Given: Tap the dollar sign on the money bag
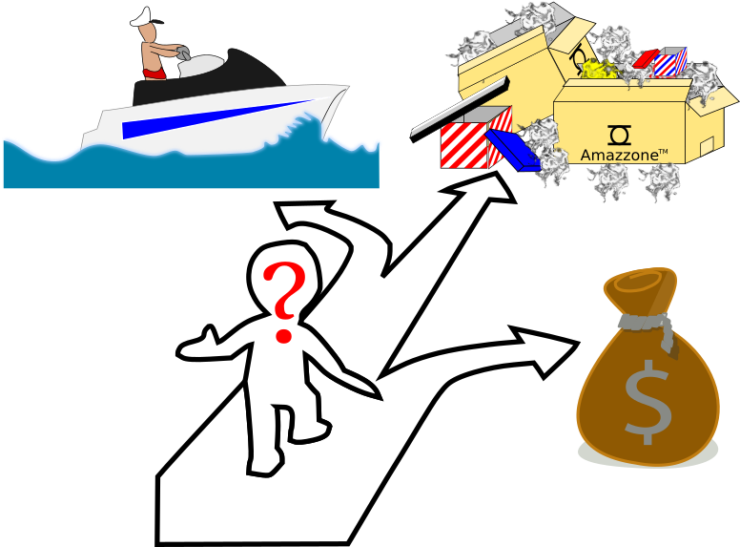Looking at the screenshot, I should click(647, 401).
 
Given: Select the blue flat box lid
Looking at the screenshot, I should click(512, 151).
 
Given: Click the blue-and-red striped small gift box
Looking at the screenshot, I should click(670, 62).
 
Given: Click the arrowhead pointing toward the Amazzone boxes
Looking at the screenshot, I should click(486, 188).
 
